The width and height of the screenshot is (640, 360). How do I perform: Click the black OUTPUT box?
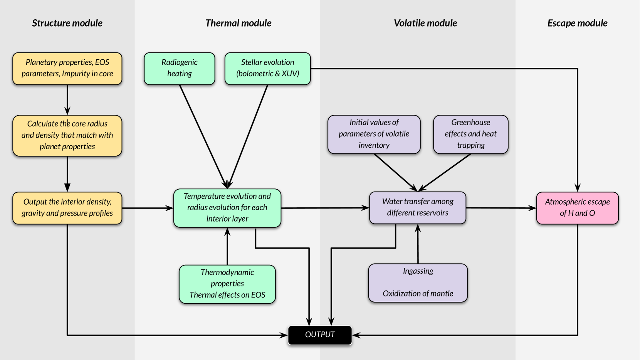tap(320, 335)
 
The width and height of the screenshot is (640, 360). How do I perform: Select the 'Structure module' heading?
tap(67, 23)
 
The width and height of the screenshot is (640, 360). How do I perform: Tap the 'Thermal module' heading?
tap(238, 23)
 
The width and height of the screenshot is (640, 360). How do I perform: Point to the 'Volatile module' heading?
tap(425, 23)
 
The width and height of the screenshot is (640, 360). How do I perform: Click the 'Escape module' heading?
tap(577, 23)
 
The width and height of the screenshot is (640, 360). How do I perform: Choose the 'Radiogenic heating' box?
tap(180, 69)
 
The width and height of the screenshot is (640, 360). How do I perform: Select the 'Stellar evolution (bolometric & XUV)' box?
tap(267, 69)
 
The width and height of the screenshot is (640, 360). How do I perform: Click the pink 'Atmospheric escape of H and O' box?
tap(578, 208)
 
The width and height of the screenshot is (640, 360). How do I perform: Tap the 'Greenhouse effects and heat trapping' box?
tap(470, 134)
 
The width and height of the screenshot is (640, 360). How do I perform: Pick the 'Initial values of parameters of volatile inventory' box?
tap(374, 134)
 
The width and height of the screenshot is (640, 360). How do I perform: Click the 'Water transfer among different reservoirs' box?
tap(417, 208)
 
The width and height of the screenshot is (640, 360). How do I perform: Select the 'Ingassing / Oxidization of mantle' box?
tap(418, 283)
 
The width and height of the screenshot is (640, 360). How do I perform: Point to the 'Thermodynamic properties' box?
tap(227, 284)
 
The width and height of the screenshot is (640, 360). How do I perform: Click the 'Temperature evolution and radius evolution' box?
tap(227, 208)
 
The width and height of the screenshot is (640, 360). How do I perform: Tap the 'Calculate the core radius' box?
tap(67, 135)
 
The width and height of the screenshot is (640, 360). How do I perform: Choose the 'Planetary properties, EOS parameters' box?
tap(67, 69)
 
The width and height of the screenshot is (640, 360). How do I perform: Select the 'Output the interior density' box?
tap(67, 208)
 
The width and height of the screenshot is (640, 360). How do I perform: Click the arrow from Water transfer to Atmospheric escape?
tap(501, 208)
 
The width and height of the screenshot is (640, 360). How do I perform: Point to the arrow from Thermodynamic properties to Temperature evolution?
tap(227, 246)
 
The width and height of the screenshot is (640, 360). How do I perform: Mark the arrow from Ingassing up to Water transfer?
tap(418, 244)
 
